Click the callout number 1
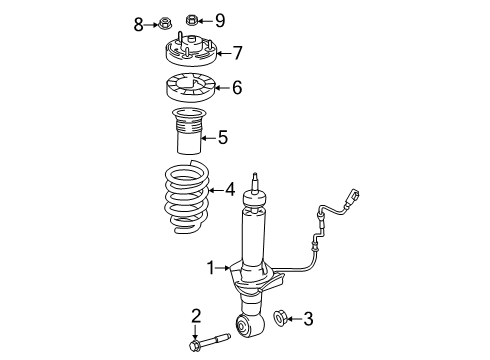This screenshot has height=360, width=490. (212, 267)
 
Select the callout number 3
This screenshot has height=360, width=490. (308, 319)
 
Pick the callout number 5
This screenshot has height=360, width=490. (223, 137)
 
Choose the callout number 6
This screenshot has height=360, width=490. (236, 88)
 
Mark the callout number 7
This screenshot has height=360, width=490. (237, 52)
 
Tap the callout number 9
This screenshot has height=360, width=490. (220, 19)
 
